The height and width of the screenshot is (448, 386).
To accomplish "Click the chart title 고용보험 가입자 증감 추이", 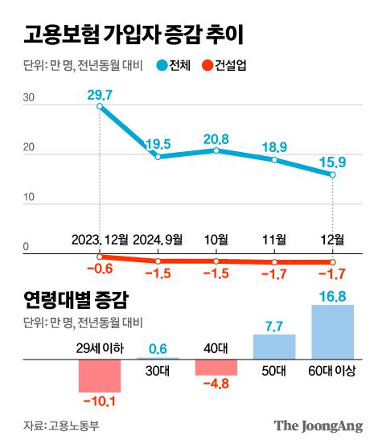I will pyautogui.click(x=133, y=35).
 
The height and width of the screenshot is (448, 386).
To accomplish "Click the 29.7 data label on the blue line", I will pyautogui.click(x=100, y=93).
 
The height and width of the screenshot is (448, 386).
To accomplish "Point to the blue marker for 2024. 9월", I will pyautogui.click(x=158, y=156).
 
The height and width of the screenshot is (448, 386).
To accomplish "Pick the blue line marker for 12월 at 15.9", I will pyautogui.click(x=332, y=174).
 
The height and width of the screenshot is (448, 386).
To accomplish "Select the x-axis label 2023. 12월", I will pyautogui.click(x=101, y=239).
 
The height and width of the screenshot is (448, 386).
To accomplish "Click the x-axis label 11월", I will pyautogui.click(x=274, y=239).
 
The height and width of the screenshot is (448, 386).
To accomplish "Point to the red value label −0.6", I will pyautogui.click(x=99, y=269).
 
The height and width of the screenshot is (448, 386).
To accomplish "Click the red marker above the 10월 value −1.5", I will pyautogui.click(x=216, y=261).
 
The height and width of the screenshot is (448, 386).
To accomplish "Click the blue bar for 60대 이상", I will pyautogui.click(x=332, y=333).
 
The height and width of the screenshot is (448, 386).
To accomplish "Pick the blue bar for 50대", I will pyautogui.click(x=274, y=347).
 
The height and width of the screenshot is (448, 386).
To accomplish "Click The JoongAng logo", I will pyautogui.click(x=318, y=425).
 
